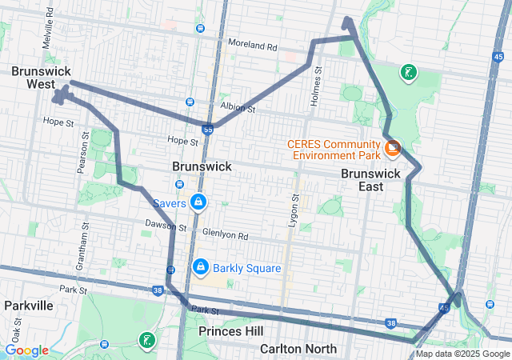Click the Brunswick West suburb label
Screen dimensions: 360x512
pos(33,78)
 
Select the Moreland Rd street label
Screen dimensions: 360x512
pos(252,46)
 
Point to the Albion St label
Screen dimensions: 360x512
pos(238,108)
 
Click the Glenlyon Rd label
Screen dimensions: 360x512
pos(226,236)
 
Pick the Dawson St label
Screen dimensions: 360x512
pos(166,226)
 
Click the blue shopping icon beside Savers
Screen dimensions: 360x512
pos(198,203)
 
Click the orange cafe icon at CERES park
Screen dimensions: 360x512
pos(394,148)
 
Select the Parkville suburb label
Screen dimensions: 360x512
pos(28,306)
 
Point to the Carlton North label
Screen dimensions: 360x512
pos(298,349)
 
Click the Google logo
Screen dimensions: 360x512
pos(27,350)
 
